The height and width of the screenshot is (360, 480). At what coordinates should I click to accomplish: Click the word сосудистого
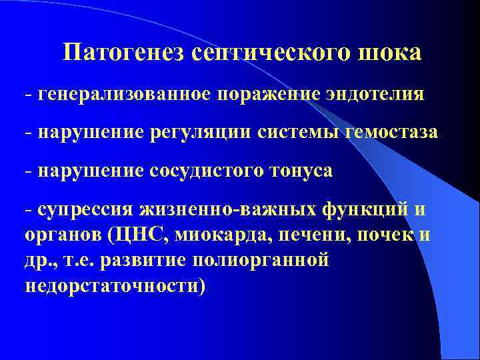207,171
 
